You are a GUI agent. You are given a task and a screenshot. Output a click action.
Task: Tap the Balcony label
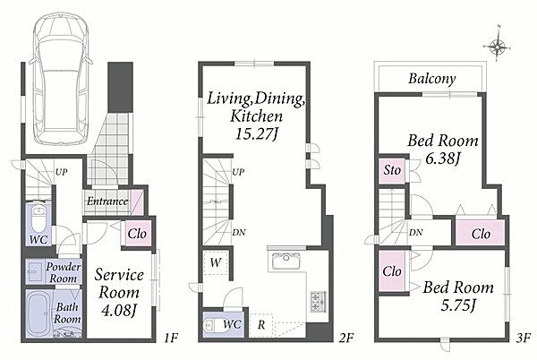432,79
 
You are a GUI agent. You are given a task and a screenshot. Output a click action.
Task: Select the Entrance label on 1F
107,201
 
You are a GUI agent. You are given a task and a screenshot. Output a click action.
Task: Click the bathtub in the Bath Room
39,313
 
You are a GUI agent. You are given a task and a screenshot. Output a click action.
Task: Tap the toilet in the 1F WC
38,219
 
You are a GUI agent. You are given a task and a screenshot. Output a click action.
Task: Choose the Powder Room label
63,272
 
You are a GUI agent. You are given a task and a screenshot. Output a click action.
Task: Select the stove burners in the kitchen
319,302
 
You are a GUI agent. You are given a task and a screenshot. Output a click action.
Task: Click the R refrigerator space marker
261,325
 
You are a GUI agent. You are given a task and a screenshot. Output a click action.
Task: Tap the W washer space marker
216,262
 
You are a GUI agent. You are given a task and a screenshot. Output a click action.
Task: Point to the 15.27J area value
255,133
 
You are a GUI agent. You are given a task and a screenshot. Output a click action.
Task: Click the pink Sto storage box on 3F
392,170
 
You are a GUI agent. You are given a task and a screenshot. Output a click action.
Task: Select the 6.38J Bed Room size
442,159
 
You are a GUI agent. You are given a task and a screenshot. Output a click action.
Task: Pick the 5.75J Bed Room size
457,304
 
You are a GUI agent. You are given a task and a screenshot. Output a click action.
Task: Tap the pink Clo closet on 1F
137,233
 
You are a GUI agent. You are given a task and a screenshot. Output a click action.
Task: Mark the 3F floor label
523,339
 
